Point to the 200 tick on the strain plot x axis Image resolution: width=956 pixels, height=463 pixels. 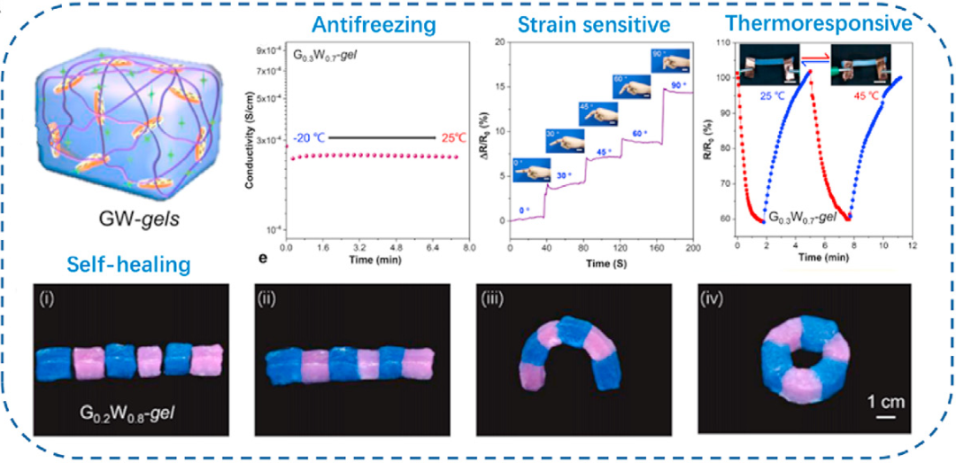click(x=692, y=250)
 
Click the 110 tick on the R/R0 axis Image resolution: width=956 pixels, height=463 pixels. click(x=723, y=42)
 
